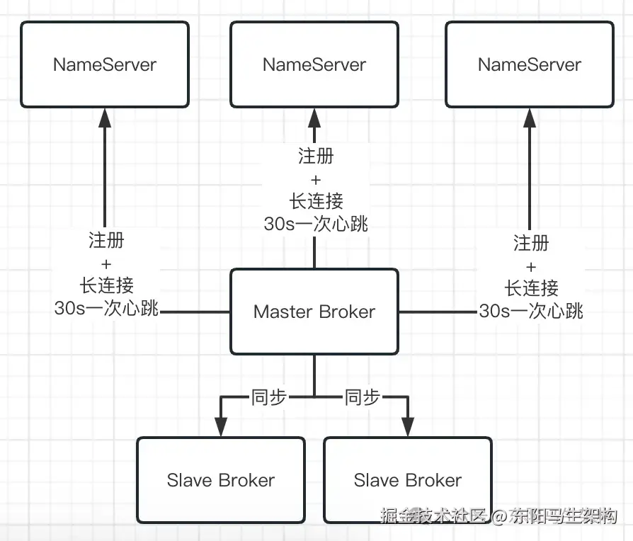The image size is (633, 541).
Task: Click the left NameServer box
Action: pos(105,64)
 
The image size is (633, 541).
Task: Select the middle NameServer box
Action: pos(314,64)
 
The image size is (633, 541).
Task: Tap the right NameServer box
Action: pos(530,64)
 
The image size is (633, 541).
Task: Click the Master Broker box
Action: pos(314,312)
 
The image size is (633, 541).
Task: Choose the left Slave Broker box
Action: pos(221,480)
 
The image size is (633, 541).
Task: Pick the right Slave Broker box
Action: pos(408,480)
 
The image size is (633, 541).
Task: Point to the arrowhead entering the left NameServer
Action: pos(105,118)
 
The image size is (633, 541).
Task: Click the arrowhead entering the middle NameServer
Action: pos(314,118)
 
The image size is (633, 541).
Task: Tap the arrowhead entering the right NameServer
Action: pos(530,118)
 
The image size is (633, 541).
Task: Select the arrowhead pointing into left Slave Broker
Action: pos(221,426)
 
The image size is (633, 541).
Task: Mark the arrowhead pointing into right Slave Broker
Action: pos(408,426)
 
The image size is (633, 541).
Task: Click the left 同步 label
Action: pos(268,397)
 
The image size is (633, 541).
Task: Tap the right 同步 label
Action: pos(362,397)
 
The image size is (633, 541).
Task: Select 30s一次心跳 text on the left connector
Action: pos(106,308)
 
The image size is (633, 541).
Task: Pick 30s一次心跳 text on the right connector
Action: pos(531,311)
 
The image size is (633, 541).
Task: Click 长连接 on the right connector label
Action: pos(531,288)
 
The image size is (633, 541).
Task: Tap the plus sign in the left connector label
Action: pos(106,263)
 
